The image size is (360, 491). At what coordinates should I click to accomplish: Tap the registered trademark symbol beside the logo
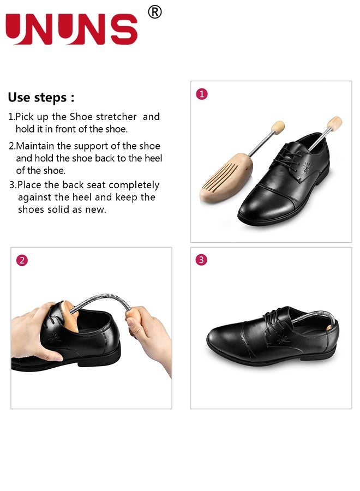(155, 12)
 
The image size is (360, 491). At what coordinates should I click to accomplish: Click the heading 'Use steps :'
(41, 98)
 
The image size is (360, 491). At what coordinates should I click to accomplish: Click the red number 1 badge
(202, 94)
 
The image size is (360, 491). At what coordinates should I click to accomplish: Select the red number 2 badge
(22, 260)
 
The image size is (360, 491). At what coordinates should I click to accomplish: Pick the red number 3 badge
(202, 260)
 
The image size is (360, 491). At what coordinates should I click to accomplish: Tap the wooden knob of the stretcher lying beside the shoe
(278, 128)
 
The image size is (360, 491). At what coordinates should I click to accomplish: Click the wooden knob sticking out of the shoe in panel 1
(335, 122)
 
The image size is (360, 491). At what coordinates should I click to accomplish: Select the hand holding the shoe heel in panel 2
(33, 333)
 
